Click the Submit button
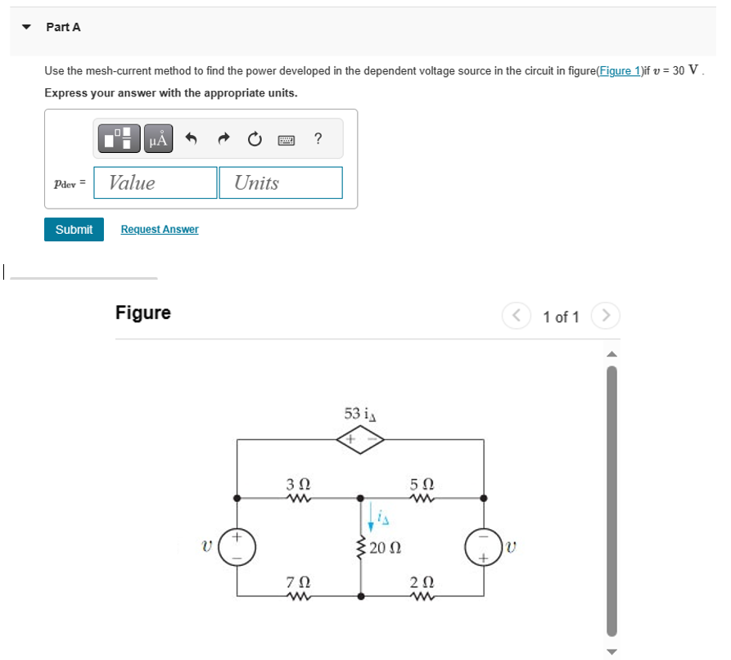74,230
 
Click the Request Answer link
160,230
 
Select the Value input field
156,182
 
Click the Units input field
280,182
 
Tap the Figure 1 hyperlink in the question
620,71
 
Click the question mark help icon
318,139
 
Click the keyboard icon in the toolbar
286,140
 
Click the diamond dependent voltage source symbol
360,439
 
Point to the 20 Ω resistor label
384,547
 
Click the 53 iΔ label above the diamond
359,414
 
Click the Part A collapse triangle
27,27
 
